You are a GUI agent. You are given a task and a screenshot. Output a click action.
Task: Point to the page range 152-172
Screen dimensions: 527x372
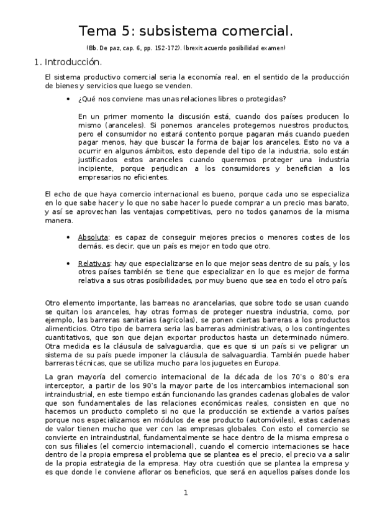(178, 48)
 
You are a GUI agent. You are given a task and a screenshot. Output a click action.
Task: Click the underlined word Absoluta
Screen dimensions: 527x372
(92, 237)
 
